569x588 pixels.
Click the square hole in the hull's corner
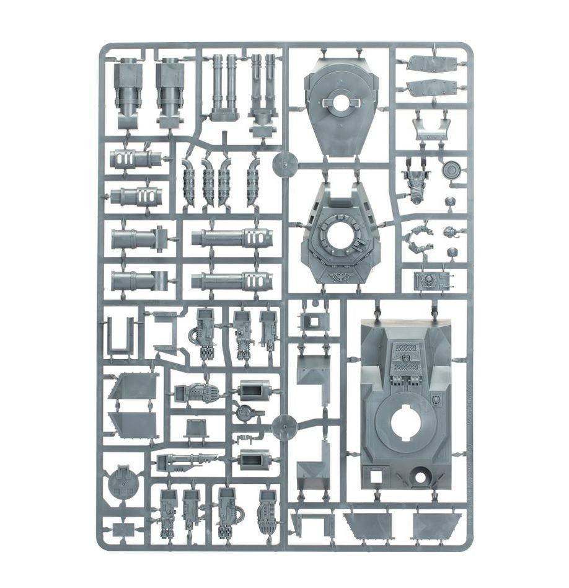376,477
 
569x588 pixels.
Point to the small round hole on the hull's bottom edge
423,478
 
